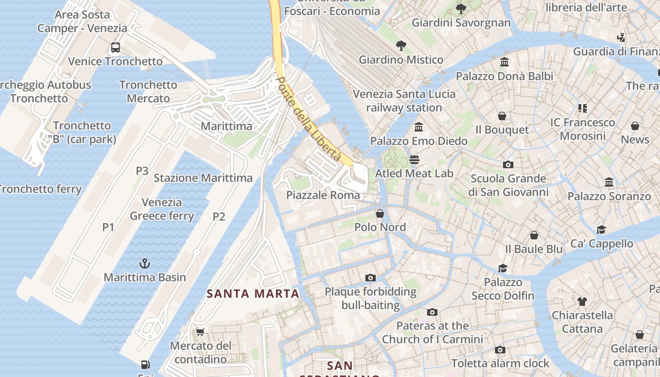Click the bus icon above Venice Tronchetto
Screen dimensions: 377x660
115,48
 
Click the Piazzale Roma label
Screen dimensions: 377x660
323,195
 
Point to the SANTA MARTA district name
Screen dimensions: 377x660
253,294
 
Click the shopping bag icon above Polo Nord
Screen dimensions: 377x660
380,213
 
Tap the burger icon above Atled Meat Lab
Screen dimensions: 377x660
414,160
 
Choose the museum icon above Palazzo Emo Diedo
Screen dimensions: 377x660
419,127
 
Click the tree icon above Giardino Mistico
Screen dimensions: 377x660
401,46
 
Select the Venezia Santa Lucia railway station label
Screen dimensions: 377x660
404,101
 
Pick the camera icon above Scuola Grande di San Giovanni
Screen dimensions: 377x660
508,164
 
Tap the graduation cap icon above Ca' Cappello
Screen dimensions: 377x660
601,229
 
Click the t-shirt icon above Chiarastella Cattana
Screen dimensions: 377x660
582,302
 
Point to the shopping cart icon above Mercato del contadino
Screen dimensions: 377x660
200,332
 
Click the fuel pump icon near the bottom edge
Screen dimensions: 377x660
146,364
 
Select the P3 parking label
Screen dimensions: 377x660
142,171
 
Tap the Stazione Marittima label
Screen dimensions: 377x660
203,178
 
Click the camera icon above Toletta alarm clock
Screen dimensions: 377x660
500,350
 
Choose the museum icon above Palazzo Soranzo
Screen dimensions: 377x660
609,182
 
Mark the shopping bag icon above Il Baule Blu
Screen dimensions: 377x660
534,235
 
